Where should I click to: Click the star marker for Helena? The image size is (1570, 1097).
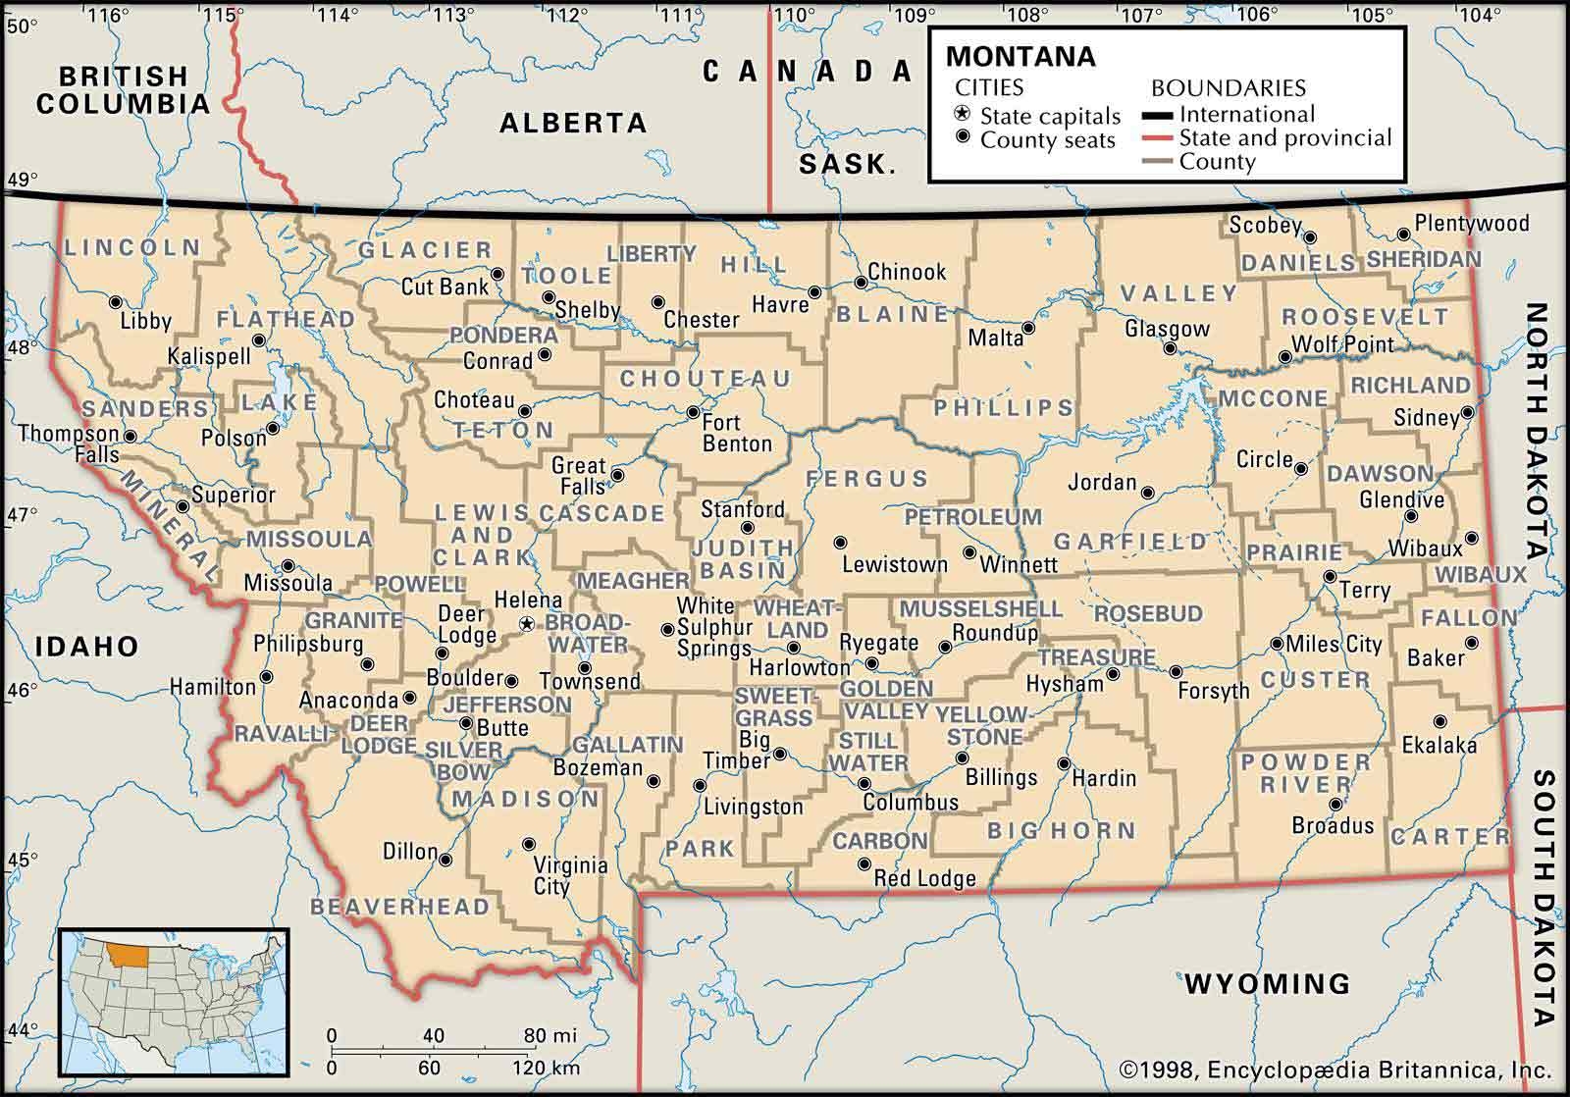[x=527, y=623]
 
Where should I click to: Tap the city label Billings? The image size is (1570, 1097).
[x=1001, y=777]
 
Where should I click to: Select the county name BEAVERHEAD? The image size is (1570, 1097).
[x=399, y=906]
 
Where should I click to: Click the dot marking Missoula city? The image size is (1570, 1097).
[x=288, y=565]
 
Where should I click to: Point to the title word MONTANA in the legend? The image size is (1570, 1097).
[x=1020, y=56]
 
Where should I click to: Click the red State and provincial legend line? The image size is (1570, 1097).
[x=1158, y=139]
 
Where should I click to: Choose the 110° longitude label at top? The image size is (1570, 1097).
[x=794, y=15]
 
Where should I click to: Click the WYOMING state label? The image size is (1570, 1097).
[x=1267, y=982]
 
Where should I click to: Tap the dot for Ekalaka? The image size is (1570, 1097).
[x=1439, y=720]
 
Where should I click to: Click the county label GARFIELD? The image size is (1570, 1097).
[x=1130, y=541]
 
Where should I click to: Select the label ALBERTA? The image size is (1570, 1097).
[x=573, y=123]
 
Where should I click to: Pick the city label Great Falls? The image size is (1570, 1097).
[x=578, y=476]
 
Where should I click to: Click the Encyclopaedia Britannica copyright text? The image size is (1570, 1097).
[x=1334, y=1069]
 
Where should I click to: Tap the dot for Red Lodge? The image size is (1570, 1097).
[x=863, y=864]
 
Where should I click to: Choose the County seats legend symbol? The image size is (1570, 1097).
[x=964, y=137]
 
